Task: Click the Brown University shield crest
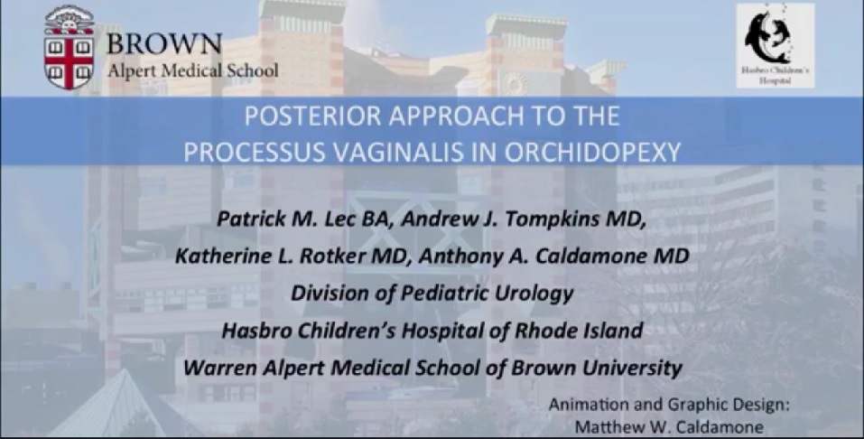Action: [x=69, y=48]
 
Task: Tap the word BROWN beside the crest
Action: [x=164, y=43]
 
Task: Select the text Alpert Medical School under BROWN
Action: [x=193, y=70]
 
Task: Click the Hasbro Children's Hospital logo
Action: [x=775, y=45]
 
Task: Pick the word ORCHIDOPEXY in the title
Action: [x=592, y=153]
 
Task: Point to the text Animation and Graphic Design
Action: [x=668, y=406]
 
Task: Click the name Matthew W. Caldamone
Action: [x=670, y=427]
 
